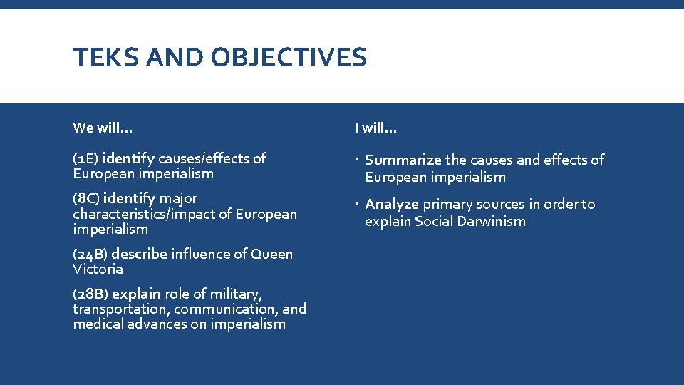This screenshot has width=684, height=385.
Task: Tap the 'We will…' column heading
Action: (103, 128)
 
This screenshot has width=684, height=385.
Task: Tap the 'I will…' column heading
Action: (376, 128)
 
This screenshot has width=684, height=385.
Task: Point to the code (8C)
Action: (90, 198)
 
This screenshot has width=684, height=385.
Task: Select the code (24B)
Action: (90, 254)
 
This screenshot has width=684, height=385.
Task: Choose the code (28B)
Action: (90, 294)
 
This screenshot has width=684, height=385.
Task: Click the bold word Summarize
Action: (403, 160)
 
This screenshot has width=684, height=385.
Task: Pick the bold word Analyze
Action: (392, 205)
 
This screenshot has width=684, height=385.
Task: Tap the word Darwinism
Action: (492, 221)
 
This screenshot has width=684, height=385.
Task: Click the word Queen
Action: (270, 254)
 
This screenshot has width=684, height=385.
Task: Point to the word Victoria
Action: (98, 269)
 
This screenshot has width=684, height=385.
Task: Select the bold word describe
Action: (140, 254)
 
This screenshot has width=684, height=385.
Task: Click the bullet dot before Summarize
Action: (357, 160)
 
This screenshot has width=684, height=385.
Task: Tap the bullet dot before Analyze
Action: (357, 205)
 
